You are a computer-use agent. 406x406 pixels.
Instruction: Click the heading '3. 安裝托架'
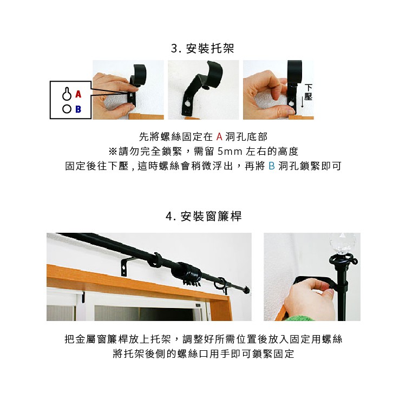203,49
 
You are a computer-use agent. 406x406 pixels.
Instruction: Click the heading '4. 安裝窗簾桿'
203,217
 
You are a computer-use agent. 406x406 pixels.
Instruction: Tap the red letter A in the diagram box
78,94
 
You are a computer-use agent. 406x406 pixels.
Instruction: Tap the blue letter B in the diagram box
78,109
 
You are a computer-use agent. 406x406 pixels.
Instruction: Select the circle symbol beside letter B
67,109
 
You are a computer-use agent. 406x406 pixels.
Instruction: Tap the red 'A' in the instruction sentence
219,136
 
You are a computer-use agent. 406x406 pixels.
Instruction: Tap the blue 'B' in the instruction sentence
271,166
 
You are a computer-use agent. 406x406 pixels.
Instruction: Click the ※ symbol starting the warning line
113,151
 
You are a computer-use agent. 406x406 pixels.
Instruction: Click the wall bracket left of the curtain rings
126,266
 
